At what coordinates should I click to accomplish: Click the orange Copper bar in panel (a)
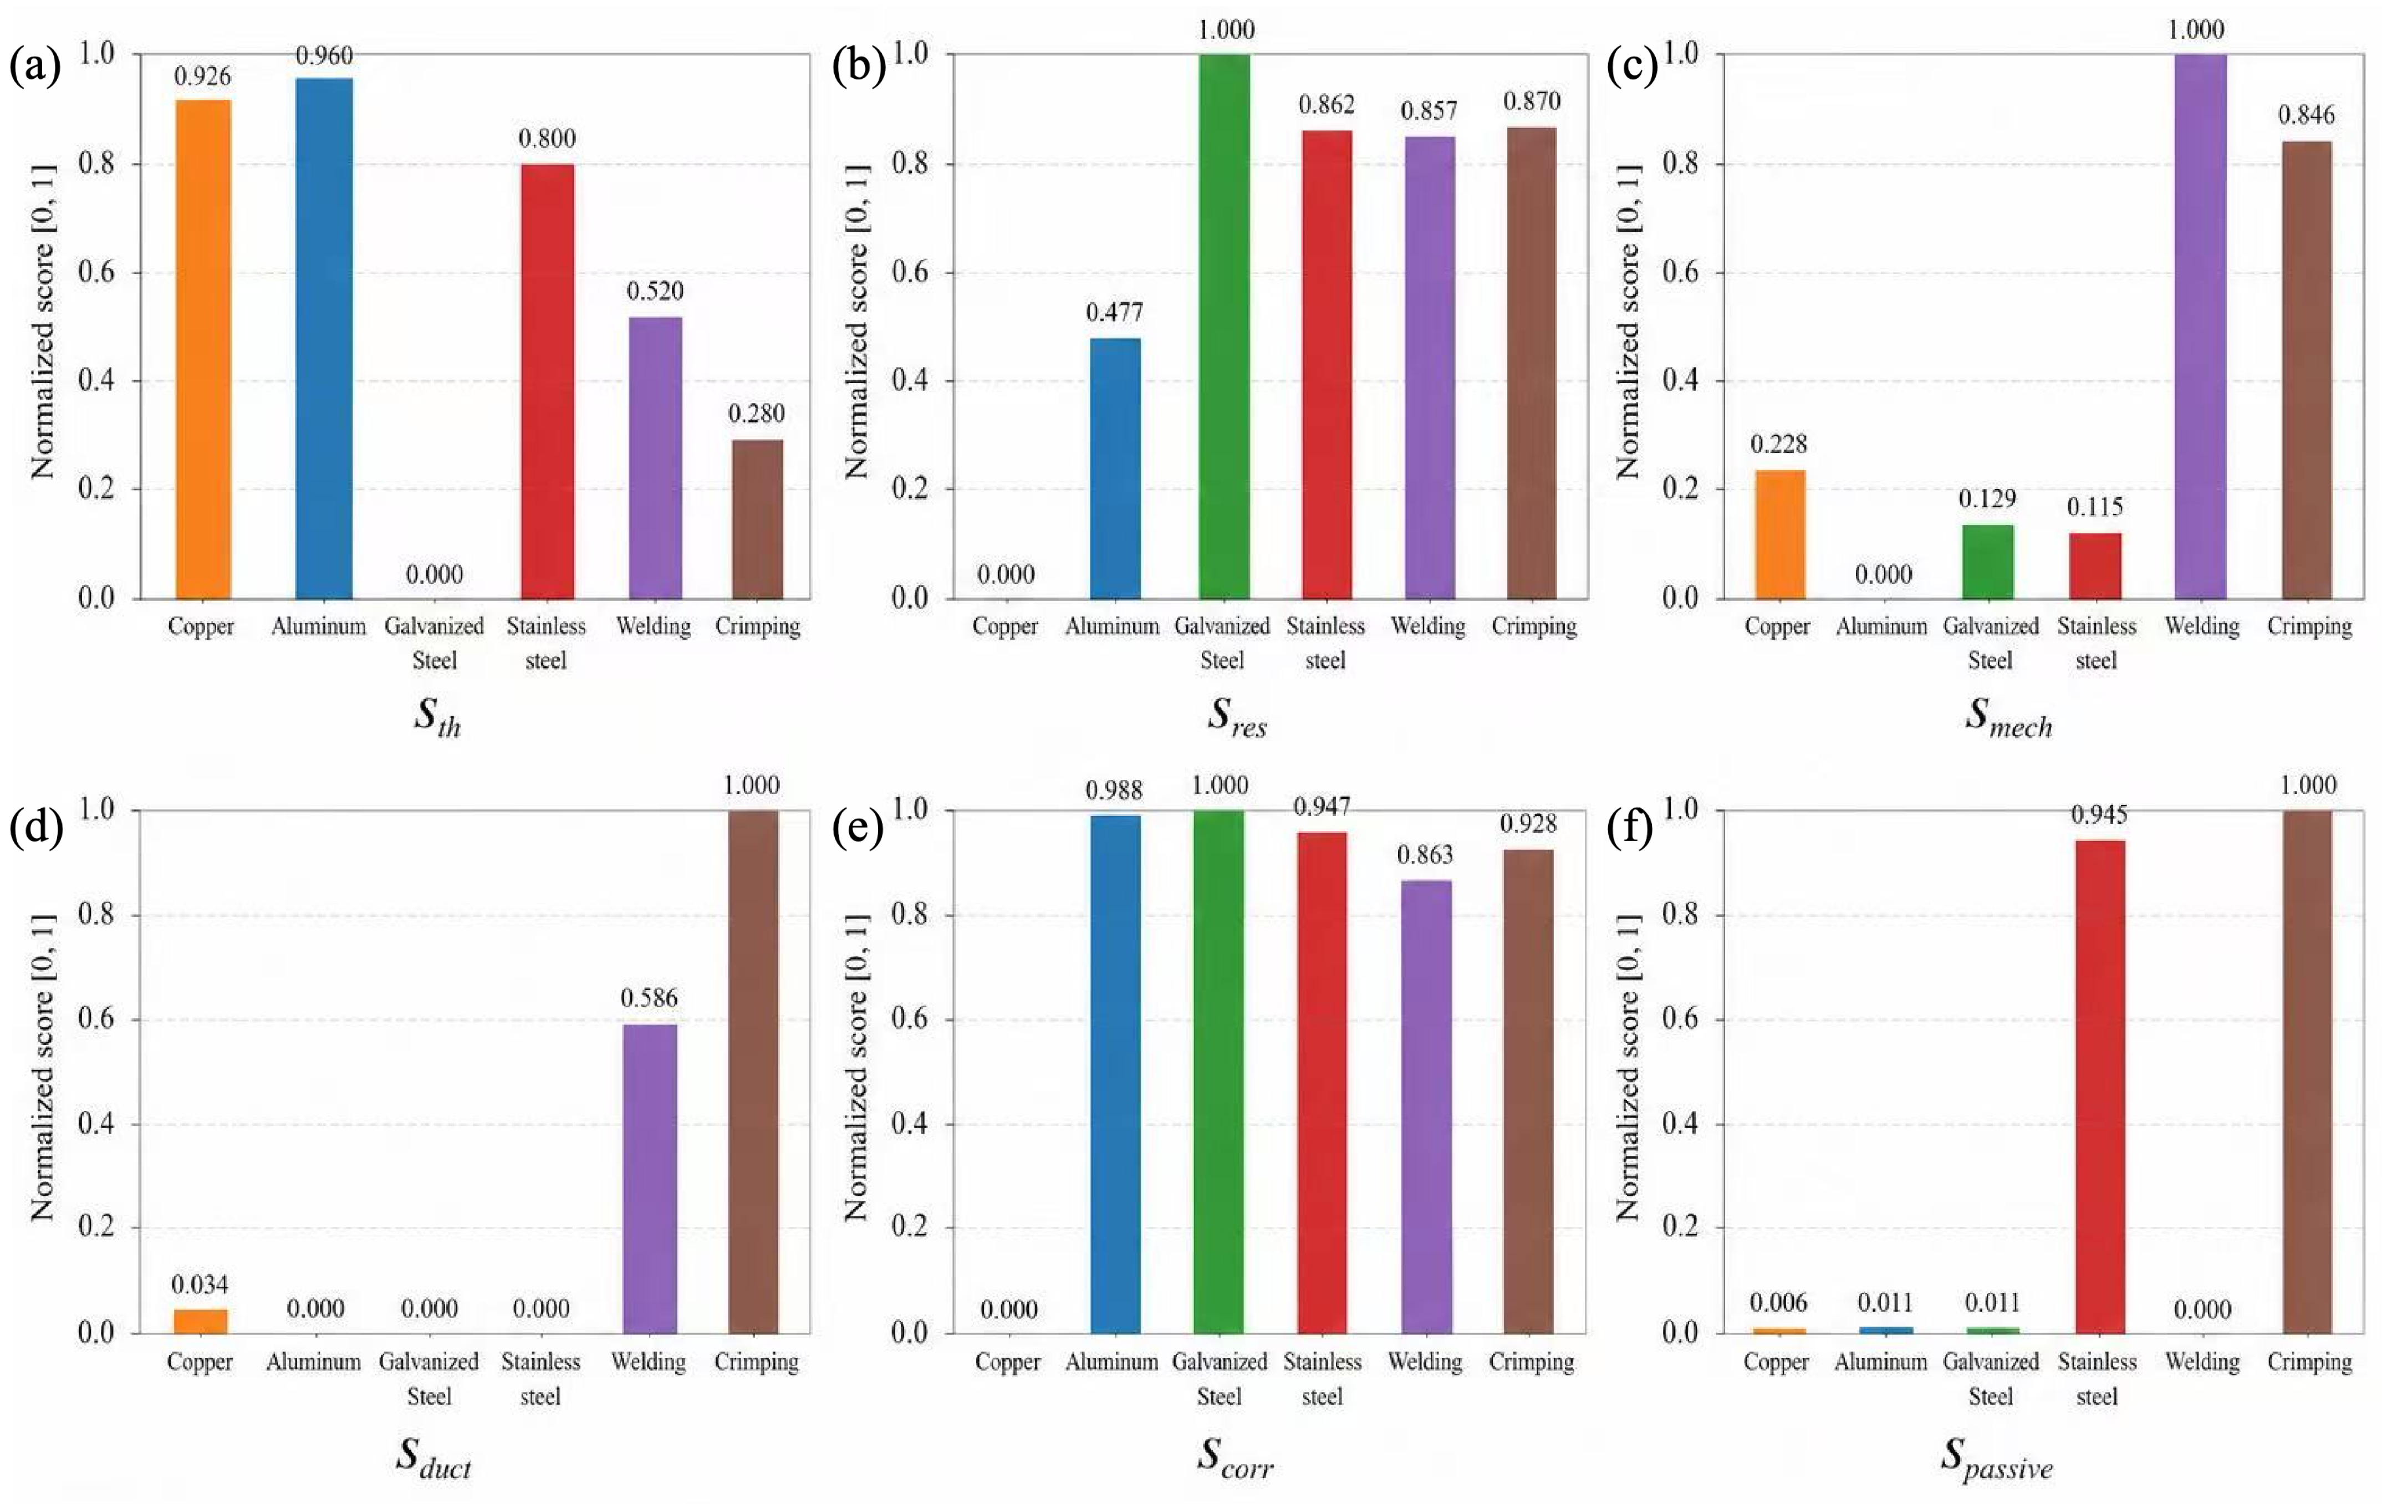(203, 349)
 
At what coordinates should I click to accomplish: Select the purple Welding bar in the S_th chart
(655, 457)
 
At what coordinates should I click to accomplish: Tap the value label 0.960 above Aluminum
(324, 55)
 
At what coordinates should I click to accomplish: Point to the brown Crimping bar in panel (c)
(2307, 370)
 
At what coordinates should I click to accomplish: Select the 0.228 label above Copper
(1778, 444)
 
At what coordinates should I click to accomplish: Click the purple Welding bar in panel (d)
(650, 1179)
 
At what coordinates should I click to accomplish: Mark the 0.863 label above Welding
(1425, 855)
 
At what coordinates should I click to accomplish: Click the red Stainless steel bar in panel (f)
(2098, 1087)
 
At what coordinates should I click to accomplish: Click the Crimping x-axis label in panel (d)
(757, 1363)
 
